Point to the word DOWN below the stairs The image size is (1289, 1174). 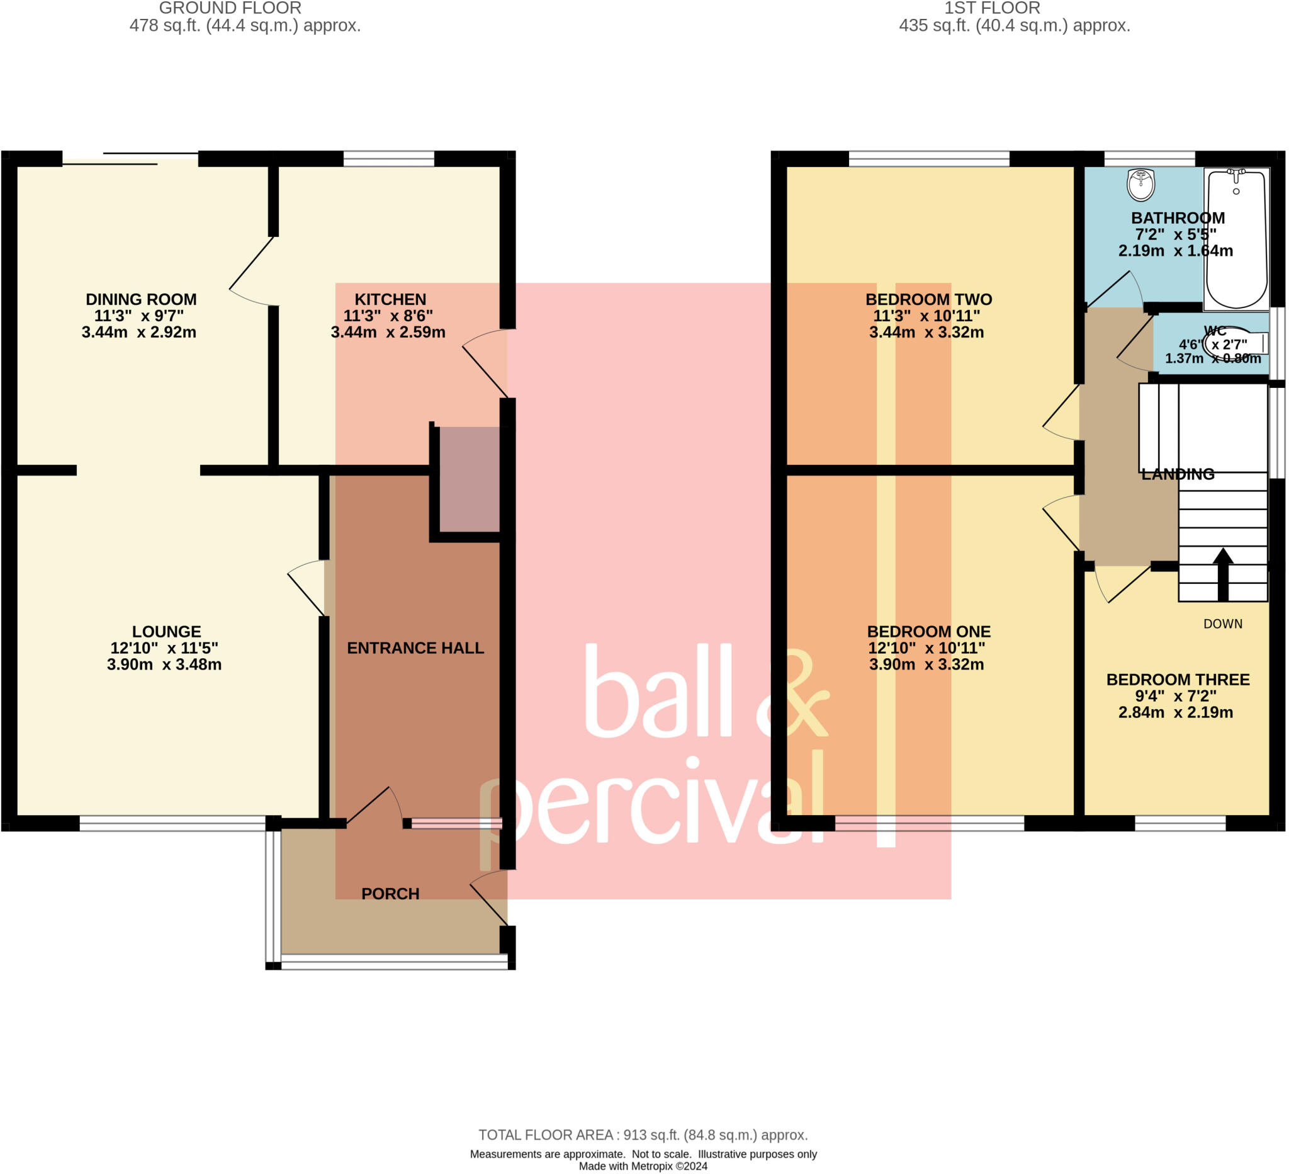coord(1222,624)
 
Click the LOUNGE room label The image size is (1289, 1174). coord(166,632)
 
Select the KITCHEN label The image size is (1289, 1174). coord(390,299)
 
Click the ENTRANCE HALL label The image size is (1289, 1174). coord(415,648)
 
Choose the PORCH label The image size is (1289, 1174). coord(390,894)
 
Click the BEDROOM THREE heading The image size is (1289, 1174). coord(1178,680)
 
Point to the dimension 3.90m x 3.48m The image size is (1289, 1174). coord(164,664)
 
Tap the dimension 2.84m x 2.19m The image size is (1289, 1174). coord(1175,713)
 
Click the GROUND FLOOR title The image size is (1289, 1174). coord(230,8)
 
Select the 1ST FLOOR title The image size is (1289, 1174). coord(992,8)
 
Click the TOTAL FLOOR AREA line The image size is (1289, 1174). coord(643,1135)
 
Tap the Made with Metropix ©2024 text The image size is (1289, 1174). coord(643,1166)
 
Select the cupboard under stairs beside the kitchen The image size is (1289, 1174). coord(469,479)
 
